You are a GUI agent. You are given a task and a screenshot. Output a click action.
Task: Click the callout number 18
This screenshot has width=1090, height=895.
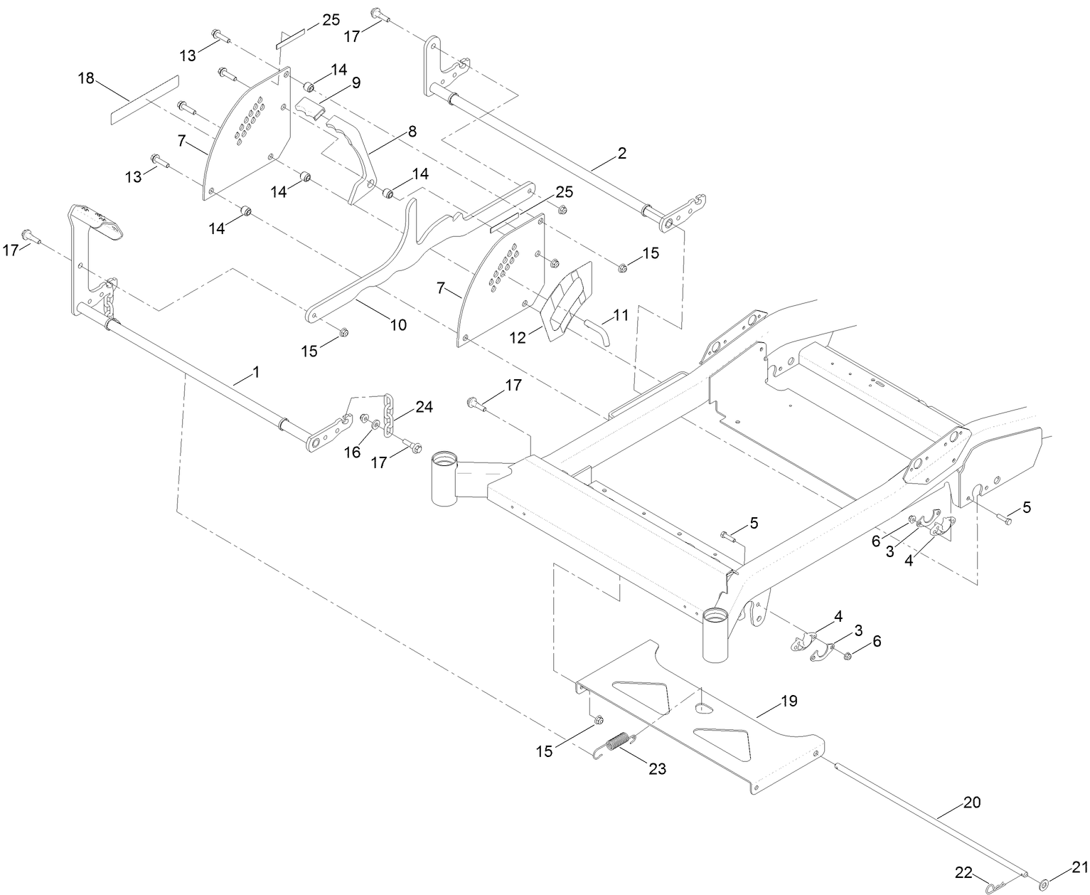tap(85, 78)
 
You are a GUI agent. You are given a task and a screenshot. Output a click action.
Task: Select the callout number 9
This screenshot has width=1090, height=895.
tap(355, 83)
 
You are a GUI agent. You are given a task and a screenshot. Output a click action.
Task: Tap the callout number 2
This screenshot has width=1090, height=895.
tap(621, 153)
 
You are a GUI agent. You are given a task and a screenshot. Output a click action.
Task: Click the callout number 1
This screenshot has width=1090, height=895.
tap(255, 372)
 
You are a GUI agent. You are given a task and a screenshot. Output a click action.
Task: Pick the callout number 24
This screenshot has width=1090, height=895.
tap(424, 408)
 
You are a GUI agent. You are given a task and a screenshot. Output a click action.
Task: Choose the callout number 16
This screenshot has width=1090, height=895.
tap(353, 452)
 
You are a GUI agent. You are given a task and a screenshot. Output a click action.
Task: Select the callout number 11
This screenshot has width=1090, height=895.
tap(621, 314)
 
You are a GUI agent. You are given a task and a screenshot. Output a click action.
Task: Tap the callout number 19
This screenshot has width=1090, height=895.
tap(789, 701)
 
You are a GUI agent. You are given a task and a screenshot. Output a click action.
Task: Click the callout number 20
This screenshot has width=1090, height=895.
tap(971, 802)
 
